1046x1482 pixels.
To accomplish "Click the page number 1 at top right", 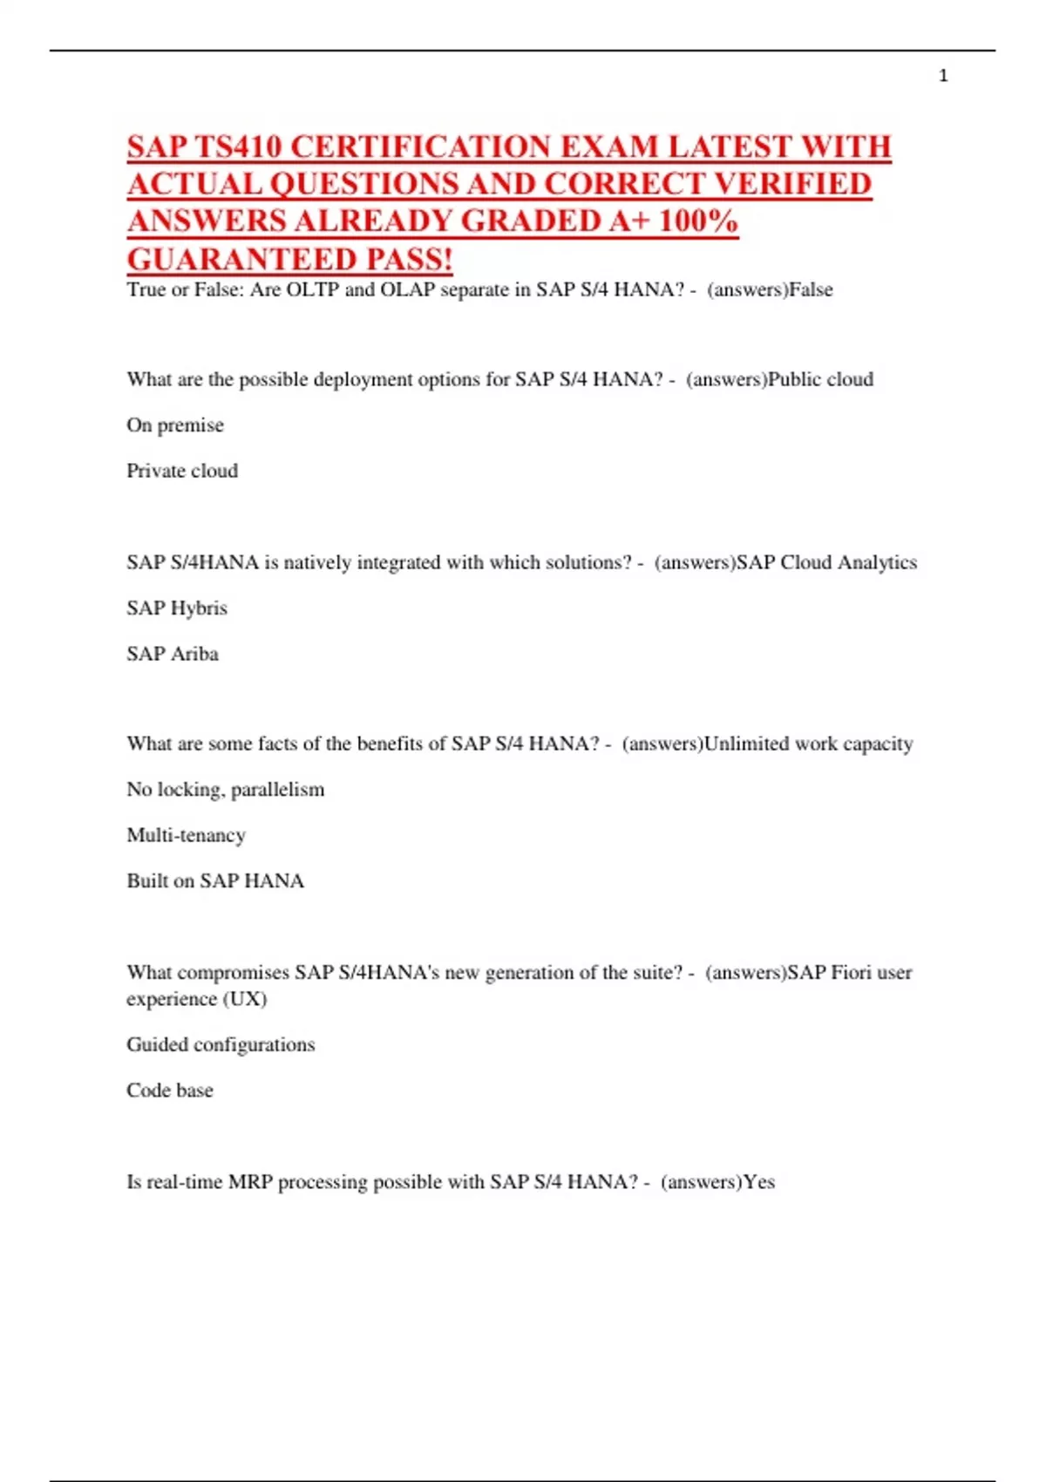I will coord(943,76).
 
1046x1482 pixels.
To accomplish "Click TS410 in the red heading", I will coord(240,146).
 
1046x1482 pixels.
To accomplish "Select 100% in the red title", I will coord(698,221).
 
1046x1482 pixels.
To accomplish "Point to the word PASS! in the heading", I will coord(409,259).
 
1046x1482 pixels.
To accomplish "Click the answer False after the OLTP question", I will coord(811,289).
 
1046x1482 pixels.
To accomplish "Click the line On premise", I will coord(175,425).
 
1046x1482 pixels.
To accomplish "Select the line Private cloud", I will coord(182,471).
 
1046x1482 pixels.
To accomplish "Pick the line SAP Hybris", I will coord(177,608).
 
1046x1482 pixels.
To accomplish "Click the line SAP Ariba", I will coord(173,654).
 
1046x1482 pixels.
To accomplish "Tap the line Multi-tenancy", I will coord(187,835).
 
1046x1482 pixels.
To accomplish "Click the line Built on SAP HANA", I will coord(215,880).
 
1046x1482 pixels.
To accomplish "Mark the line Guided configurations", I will coord(221,1044).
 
